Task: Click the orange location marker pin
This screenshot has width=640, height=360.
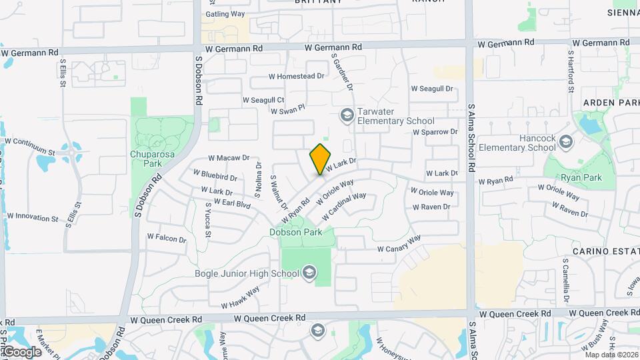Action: [x=320, y=159]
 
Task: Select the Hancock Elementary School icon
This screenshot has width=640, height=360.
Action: [x=566, y=142]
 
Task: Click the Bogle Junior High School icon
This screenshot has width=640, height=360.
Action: [x=309, y=272]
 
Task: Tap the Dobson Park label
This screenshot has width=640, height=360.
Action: [x=295, y=232]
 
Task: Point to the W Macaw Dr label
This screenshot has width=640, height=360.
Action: [x=229, y=158]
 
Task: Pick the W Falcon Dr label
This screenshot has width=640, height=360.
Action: [x=167, y=237]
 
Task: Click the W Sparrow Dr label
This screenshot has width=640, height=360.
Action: [x=435, y=132]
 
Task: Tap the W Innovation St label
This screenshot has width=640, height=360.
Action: [x=33, y=217]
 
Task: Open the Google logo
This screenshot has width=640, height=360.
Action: [x=21, y=351]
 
